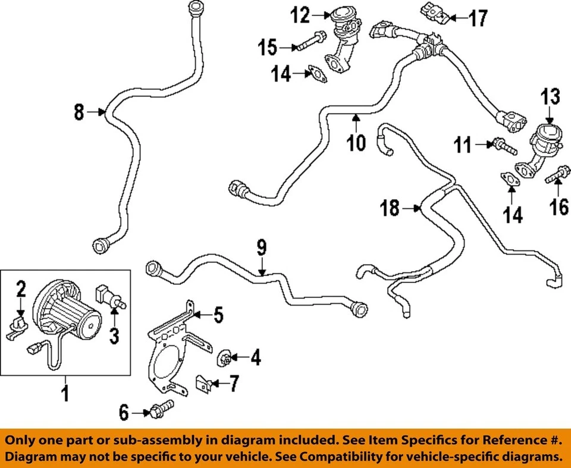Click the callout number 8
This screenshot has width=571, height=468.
79,111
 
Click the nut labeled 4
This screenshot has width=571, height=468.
226,357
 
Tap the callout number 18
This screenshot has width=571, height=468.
390,209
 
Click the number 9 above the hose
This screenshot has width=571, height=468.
262,248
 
